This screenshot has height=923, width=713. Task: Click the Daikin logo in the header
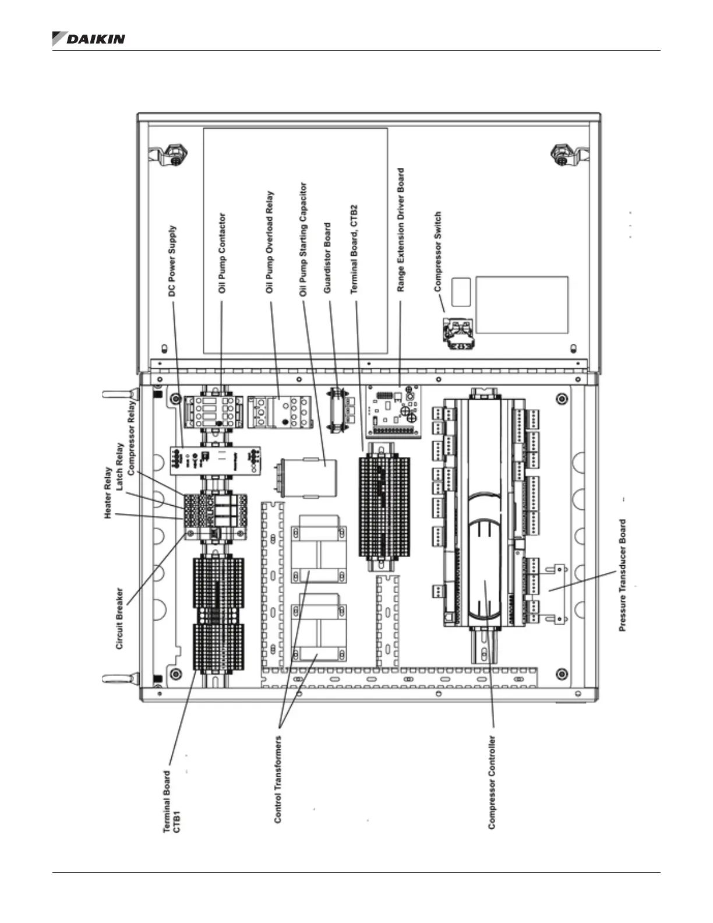(89, 39)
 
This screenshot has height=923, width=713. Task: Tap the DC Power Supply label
(172, 261)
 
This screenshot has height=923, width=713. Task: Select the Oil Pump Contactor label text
(222, 253)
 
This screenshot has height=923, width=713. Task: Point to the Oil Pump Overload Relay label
(270, 242)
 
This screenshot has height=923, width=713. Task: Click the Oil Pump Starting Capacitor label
(303, 239)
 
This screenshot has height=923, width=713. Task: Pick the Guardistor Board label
(327, 258)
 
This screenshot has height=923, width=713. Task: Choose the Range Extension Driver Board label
(400, 230)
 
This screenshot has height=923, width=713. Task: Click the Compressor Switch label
(437, 251)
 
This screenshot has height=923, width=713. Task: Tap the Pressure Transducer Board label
(623, 575)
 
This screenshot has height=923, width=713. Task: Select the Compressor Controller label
(492, 782)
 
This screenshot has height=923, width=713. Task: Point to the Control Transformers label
(278, 779)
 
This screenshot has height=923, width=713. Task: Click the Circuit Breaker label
(119, 618)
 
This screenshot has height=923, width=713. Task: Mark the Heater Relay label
(108, 492)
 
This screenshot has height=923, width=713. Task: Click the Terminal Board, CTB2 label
(354, 249)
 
